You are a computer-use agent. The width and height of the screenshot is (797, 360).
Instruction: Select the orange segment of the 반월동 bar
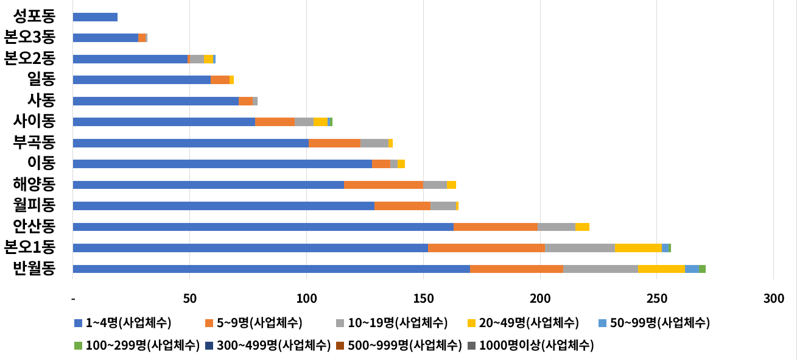click(516, 269)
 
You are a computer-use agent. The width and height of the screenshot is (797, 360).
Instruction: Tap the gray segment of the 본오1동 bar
click(580, 248)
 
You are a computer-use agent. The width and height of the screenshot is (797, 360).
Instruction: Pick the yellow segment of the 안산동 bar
click(582, 227)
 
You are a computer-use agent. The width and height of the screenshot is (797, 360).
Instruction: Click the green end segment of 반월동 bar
click(702, 269)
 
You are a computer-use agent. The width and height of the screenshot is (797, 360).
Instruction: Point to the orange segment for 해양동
click(384, 185)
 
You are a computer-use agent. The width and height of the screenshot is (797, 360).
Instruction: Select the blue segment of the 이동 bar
click(222, 164)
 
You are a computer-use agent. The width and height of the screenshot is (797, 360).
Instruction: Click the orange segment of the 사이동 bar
click(275, 122)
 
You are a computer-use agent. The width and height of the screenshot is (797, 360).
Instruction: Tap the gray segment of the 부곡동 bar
click(374, 143)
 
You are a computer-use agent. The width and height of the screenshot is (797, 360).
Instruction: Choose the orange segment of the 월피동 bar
click(402, 206)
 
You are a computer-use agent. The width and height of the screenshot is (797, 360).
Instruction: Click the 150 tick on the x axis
click(423, 298)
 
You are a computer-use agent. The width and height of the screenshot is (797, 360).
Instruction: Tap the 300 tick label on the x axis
click(773, 298)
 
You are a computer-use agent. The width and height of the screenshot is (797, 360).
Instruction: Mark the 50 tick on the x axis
click(189, 298)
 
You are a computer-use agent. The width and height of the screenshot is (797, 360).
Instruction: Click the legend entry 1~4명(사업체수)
click(122, 323)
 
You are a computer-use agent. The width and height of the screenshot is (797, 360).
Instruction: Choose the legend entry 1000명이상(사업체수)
click(530, 345)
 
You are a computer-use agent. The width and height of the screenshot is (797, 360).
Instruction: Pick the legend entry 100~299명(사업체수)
click(137, 345)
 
